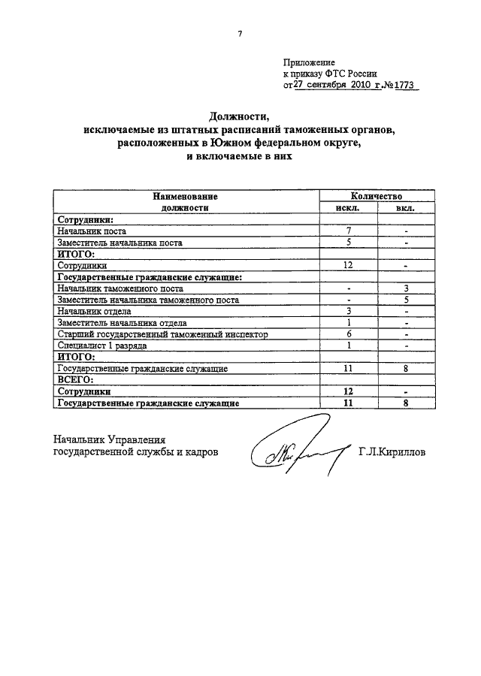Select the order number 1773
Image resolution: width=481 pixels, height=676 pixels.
[x=403, y=86]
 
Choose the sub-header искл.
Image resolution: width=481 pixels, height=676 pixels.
[x=348, y=207]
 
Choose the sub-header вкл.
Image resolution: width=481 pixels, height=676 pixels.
[x=405, y=207]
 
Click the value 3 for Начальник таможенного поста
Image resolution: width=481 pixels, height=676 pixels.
[x=405, y=288]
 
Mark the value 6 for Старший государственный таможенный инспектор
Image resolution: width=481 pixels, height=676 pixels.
[x=349, y=334]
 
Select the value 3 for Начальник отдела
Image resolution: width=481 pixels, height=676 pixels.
[x=349, y=311]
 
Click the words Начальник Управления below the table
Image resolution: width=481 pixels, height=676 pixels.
[x=108, y=440]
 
